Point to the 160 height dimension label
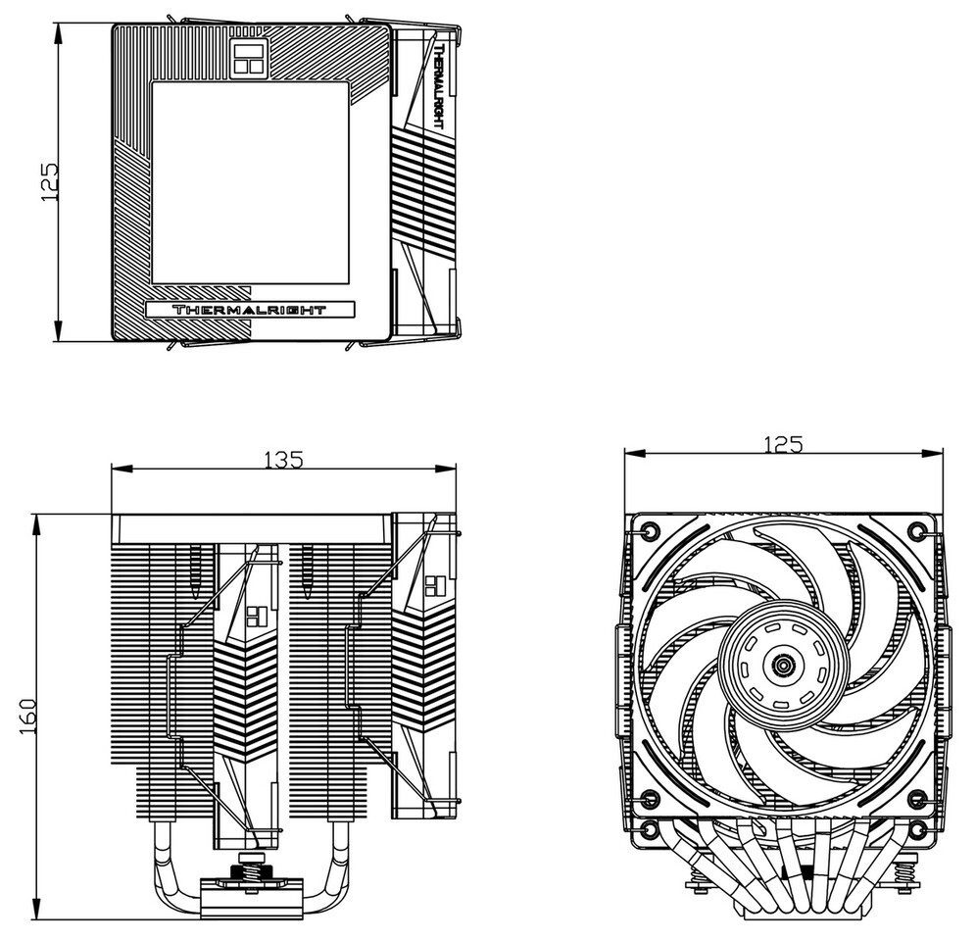[x=28, y=716]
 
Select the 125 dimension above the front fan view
[x=783, y=444]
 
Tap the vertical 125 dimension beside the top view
[x=49, y=182]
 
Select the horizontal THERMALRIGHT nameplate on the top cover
[x=249, y=310]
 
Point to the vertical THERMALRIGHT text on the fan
[x=437, y=86]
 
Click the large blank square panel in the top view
[x=250, y=183]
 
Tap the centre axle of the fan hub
[x=782, y=667]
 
